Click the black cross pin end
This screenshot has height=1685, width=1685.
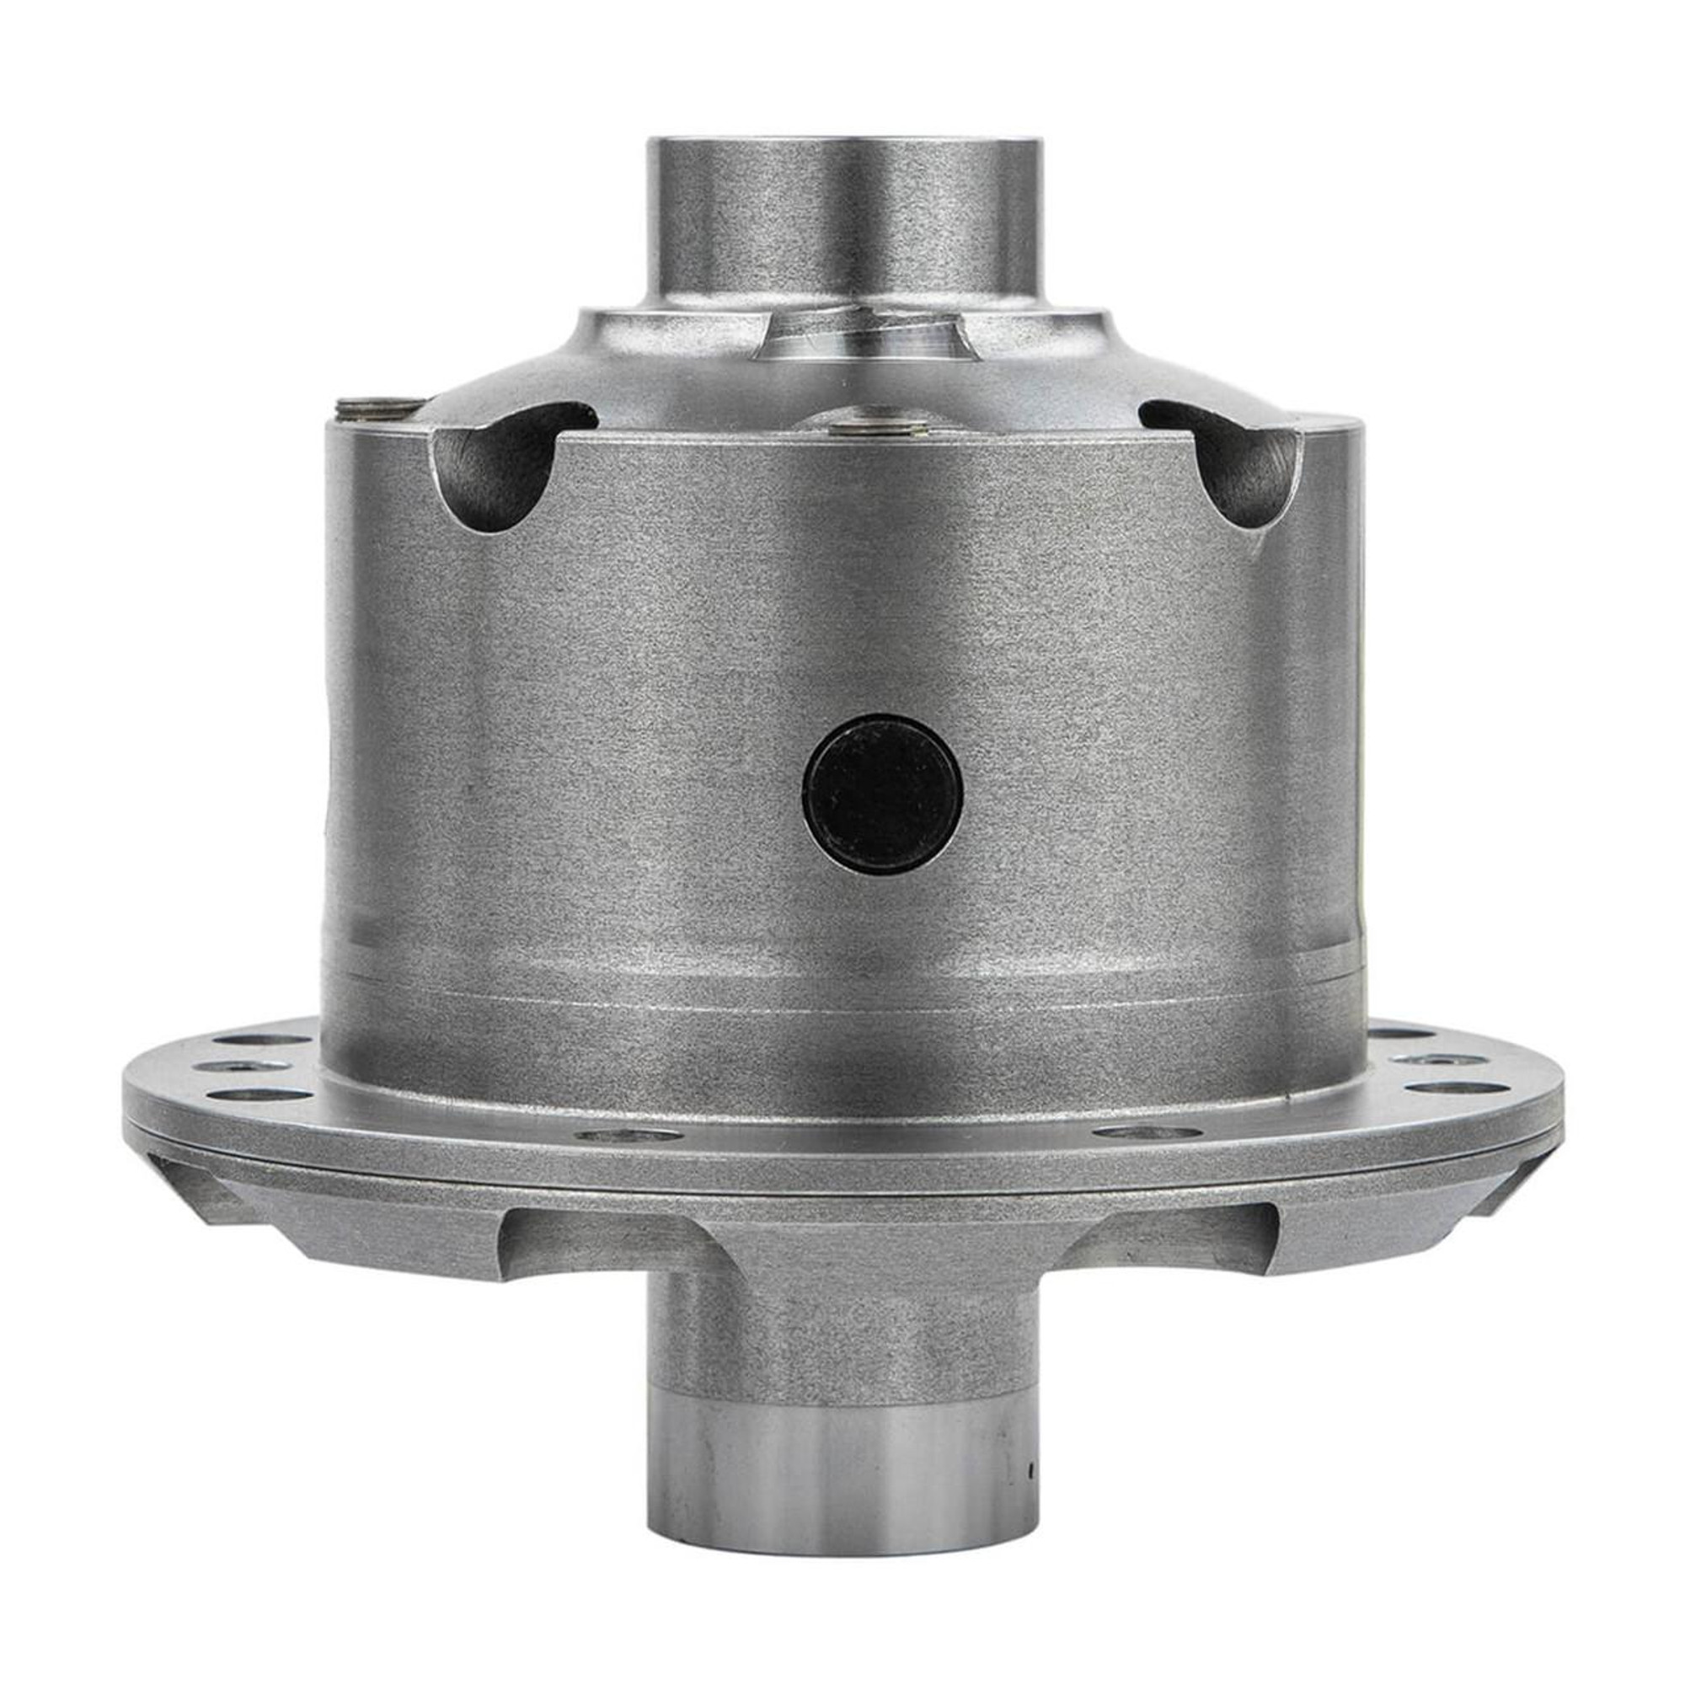(882, 794)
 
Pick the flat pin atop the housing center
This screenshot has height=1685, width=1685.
(877, 426)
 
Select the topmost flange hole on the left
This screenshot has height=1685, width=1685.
(262, 1040)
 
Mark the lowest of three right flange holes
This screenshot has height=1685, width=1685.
(1447, 1089)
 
